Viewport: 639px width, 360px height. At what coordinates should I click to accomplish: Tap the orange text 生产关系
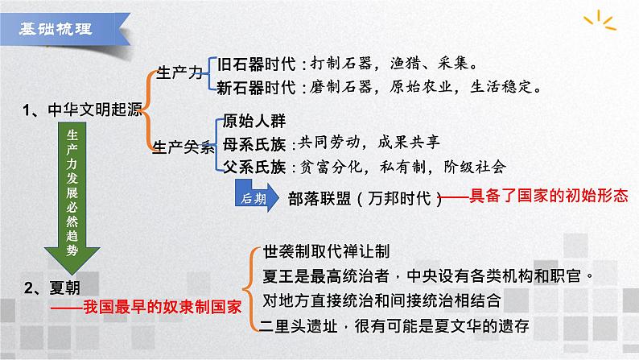point(184,147)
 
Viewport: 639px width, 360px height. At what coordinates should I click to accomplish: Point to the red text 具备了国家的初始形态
point(537,197)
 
